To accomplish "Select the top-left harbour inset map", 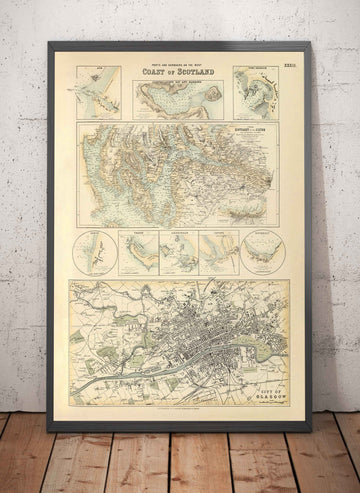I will pyautogui.click(x=97, y=92).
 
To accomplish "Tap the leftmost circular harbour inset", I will pyautogui.click(x=93, y=251).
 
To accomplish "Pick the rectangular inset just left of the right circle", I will pyautogui.click(x=219, y=252).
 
